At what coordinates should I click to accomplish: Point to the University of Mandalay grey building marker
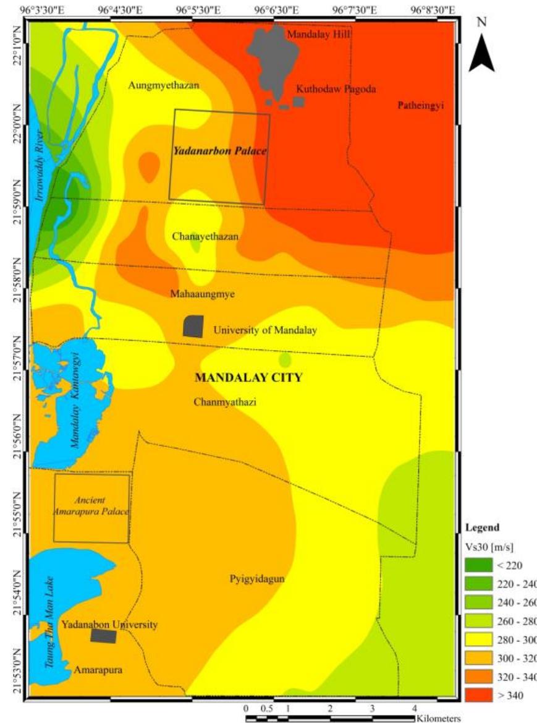(x=193, y=326)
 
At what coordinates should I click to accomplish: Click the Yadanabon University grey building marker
(x=103, y=635)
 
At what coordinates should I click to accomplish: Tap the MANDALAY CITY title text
(x=248, y=377)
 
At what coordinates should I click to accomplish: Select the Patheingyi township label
(x=421, y=106)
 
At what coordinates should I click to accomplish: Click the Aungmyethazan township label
(x=164, y=86)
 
